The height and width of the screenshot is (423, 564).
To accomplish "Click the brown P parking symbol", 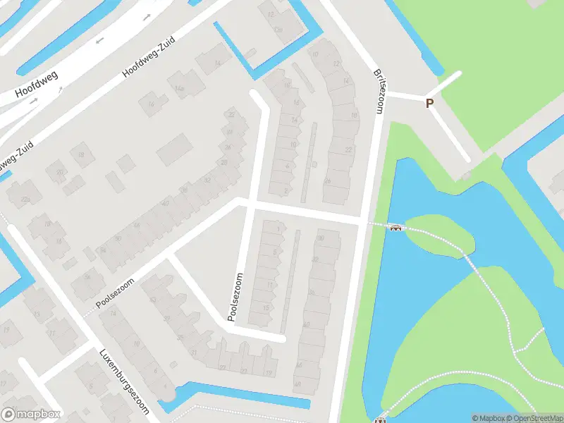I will click(429, 104).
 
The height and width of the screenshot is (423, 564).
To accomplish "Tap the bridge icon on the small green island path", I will click(396, 227).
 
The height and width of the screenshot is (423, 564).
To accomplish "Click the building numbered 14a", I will click(179, 88).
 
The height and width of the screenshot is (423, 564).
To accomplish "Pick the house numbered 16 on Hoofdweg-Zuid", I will click(149, 105).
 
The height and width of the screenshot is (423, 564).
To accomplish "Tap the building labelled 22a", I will click(26, 200).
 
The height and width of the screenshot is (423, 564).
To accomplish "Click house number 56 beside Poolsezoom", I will click(88, 276).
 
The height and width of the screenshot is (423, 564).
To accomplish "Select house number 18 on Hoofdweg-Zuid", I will click(82, 155).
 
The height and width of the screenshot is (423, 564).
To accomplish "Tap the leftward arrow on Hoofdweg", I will click(100, 40).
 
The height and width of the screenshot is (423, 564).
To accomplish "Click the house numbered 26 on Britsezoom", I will click(326, 181).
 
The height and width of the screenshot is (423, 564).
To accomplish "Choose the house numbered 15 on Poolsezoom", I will click(266, 307).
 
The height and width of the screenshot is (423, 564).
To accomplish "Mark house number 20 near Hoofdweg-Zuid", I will click(61, 172).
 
